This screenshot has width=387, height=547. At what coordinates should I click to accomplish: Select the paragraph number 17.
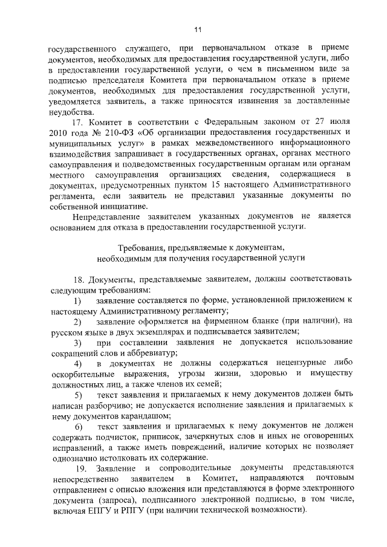(x=77, y=122)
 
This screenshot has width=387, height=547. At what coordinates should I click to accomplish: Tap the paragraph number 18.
(x=77, y=280)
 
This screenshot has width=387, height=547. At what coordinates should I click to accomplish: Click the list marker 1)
(x=77, y=300)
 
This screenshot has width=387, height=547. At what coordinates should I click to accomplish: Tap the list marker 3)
(x=77, y=342)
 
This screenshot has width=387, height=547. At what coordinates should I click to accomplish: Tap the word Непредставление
(x=108, y=216)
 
